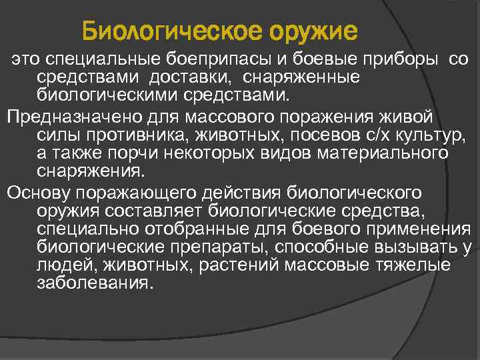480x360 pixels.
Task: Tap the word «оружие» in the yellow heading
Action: tap(312, 31)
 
